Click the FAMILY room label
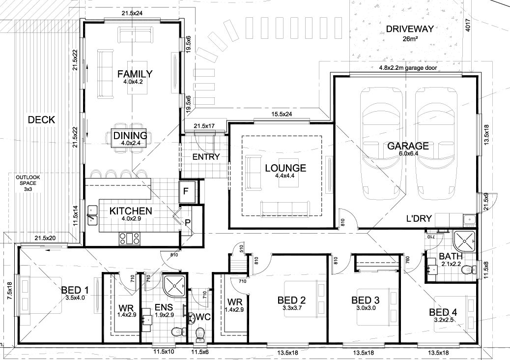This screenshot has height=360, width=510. pos(135,74)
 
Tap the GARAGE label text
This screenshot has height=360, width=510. pos(408,146)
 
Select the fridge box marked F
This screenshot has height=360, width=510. pos(187,192)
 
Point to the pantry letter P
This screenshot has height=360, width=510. pos(187,223)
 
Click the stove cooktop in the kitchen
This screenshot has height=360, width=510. pos(129,238)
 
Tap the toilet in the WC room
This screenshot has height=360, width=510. pos(199,333)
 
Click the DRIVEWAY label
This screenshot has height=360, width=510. pos(409,29)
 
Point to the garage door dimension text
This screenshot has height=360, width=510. pos(408,68)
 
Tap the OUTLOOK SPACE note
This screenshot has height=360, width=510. pos(28,183)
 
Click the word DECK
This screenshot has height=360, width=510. pos(41,120)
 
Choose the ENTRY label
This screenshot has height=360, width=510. pos(206,157)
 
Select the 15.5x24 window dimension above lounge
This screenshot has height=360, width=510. pos(282,115)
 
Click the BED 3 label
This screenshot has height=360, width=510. pos(365,300)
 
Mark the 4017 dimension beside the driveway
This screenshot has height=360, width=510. pos(468,25)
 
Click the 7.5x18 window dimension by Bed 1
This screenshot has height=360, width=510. pos(9,291)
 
